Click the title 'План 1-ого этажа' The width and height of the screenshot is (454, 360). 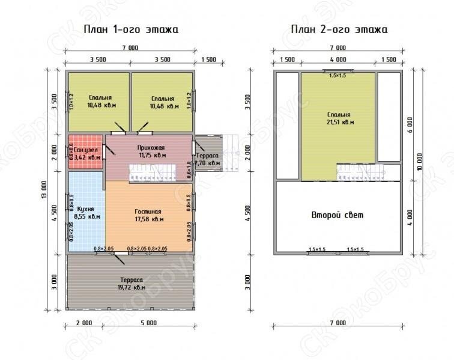click(x=130, y=29)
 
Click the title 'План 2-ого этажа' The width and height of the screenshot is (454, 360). click(x=339, y=29)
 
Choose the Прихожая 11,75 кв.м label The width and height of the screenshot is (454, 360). click(x=150, y=150)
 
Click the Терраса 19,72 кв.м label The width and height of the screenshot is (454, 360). click(x=130, y=283)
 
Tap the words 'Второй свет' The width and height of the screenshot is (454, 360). click(x=337, y=215)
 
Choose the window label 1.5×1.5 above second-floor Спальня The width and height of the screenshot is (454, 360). click(x=337, y=75)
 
